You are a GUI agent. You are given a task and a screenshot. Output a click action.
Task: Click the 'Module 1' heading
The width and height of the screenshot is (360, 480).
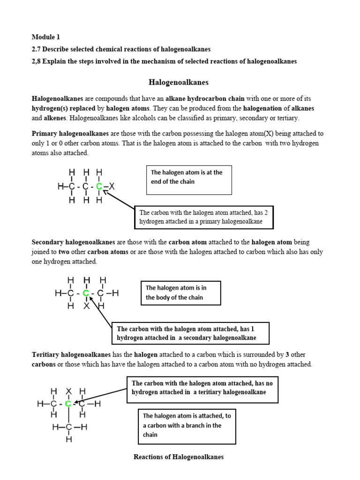[x=45, y=37]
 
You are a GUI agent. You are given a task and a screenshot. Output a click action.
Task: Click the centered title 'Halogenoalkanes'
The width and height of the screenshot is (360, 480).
[x=179, y=82]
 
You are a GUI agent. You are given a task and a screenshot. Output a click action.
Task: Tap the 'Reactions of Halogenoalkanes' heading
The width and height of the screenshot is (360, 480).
[x=179, y=457]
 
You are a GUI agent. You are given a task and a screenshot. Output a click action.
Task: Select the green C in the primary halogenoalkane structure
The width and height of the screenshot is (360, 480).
[x=99, y=187]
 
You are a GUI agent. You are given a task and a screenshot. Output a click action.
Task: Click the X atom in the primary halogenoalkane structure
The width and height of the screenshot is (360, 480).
[x=112, y=187]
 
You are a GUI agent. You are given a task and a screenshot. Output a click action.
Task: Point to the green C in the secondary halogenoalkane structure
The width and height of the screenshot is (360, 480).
[x=86, y=293]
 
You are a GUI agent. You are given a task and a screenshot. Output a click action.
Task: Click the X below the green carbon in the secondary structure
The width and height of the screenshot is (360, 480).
[x=86, y=306]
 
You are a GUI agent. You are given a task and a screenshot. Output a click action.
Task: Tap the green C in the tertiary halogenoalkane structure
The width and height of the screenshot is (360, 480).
[x=68, y=403]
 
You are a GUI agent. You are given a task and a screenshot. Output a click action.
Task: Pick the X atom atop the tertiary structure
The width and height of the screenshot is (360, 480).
[x=68, y=391]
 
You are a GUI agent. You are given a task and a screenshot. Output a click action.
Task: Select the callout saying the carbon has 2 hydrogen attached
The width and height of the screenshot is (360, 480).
[x=204, y=217]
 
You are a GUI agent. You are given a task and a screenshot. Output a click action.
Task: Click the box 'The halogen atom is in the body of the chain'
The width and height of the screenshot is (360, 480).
[x=180, y=293]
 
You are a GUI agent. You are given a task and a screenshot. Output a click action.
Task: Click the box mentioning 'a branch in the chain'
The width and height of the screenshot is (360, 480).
[x=187, y=426]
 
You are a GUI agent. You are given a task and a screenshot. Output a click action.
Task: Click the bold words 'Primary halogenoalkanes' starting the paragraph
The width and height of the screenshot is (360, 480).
[x=70, y=134]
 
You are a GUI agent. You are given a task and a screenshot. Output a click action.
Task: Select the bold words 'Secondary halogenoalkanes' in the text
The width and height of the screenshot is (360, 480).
[x=73, y=242]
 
